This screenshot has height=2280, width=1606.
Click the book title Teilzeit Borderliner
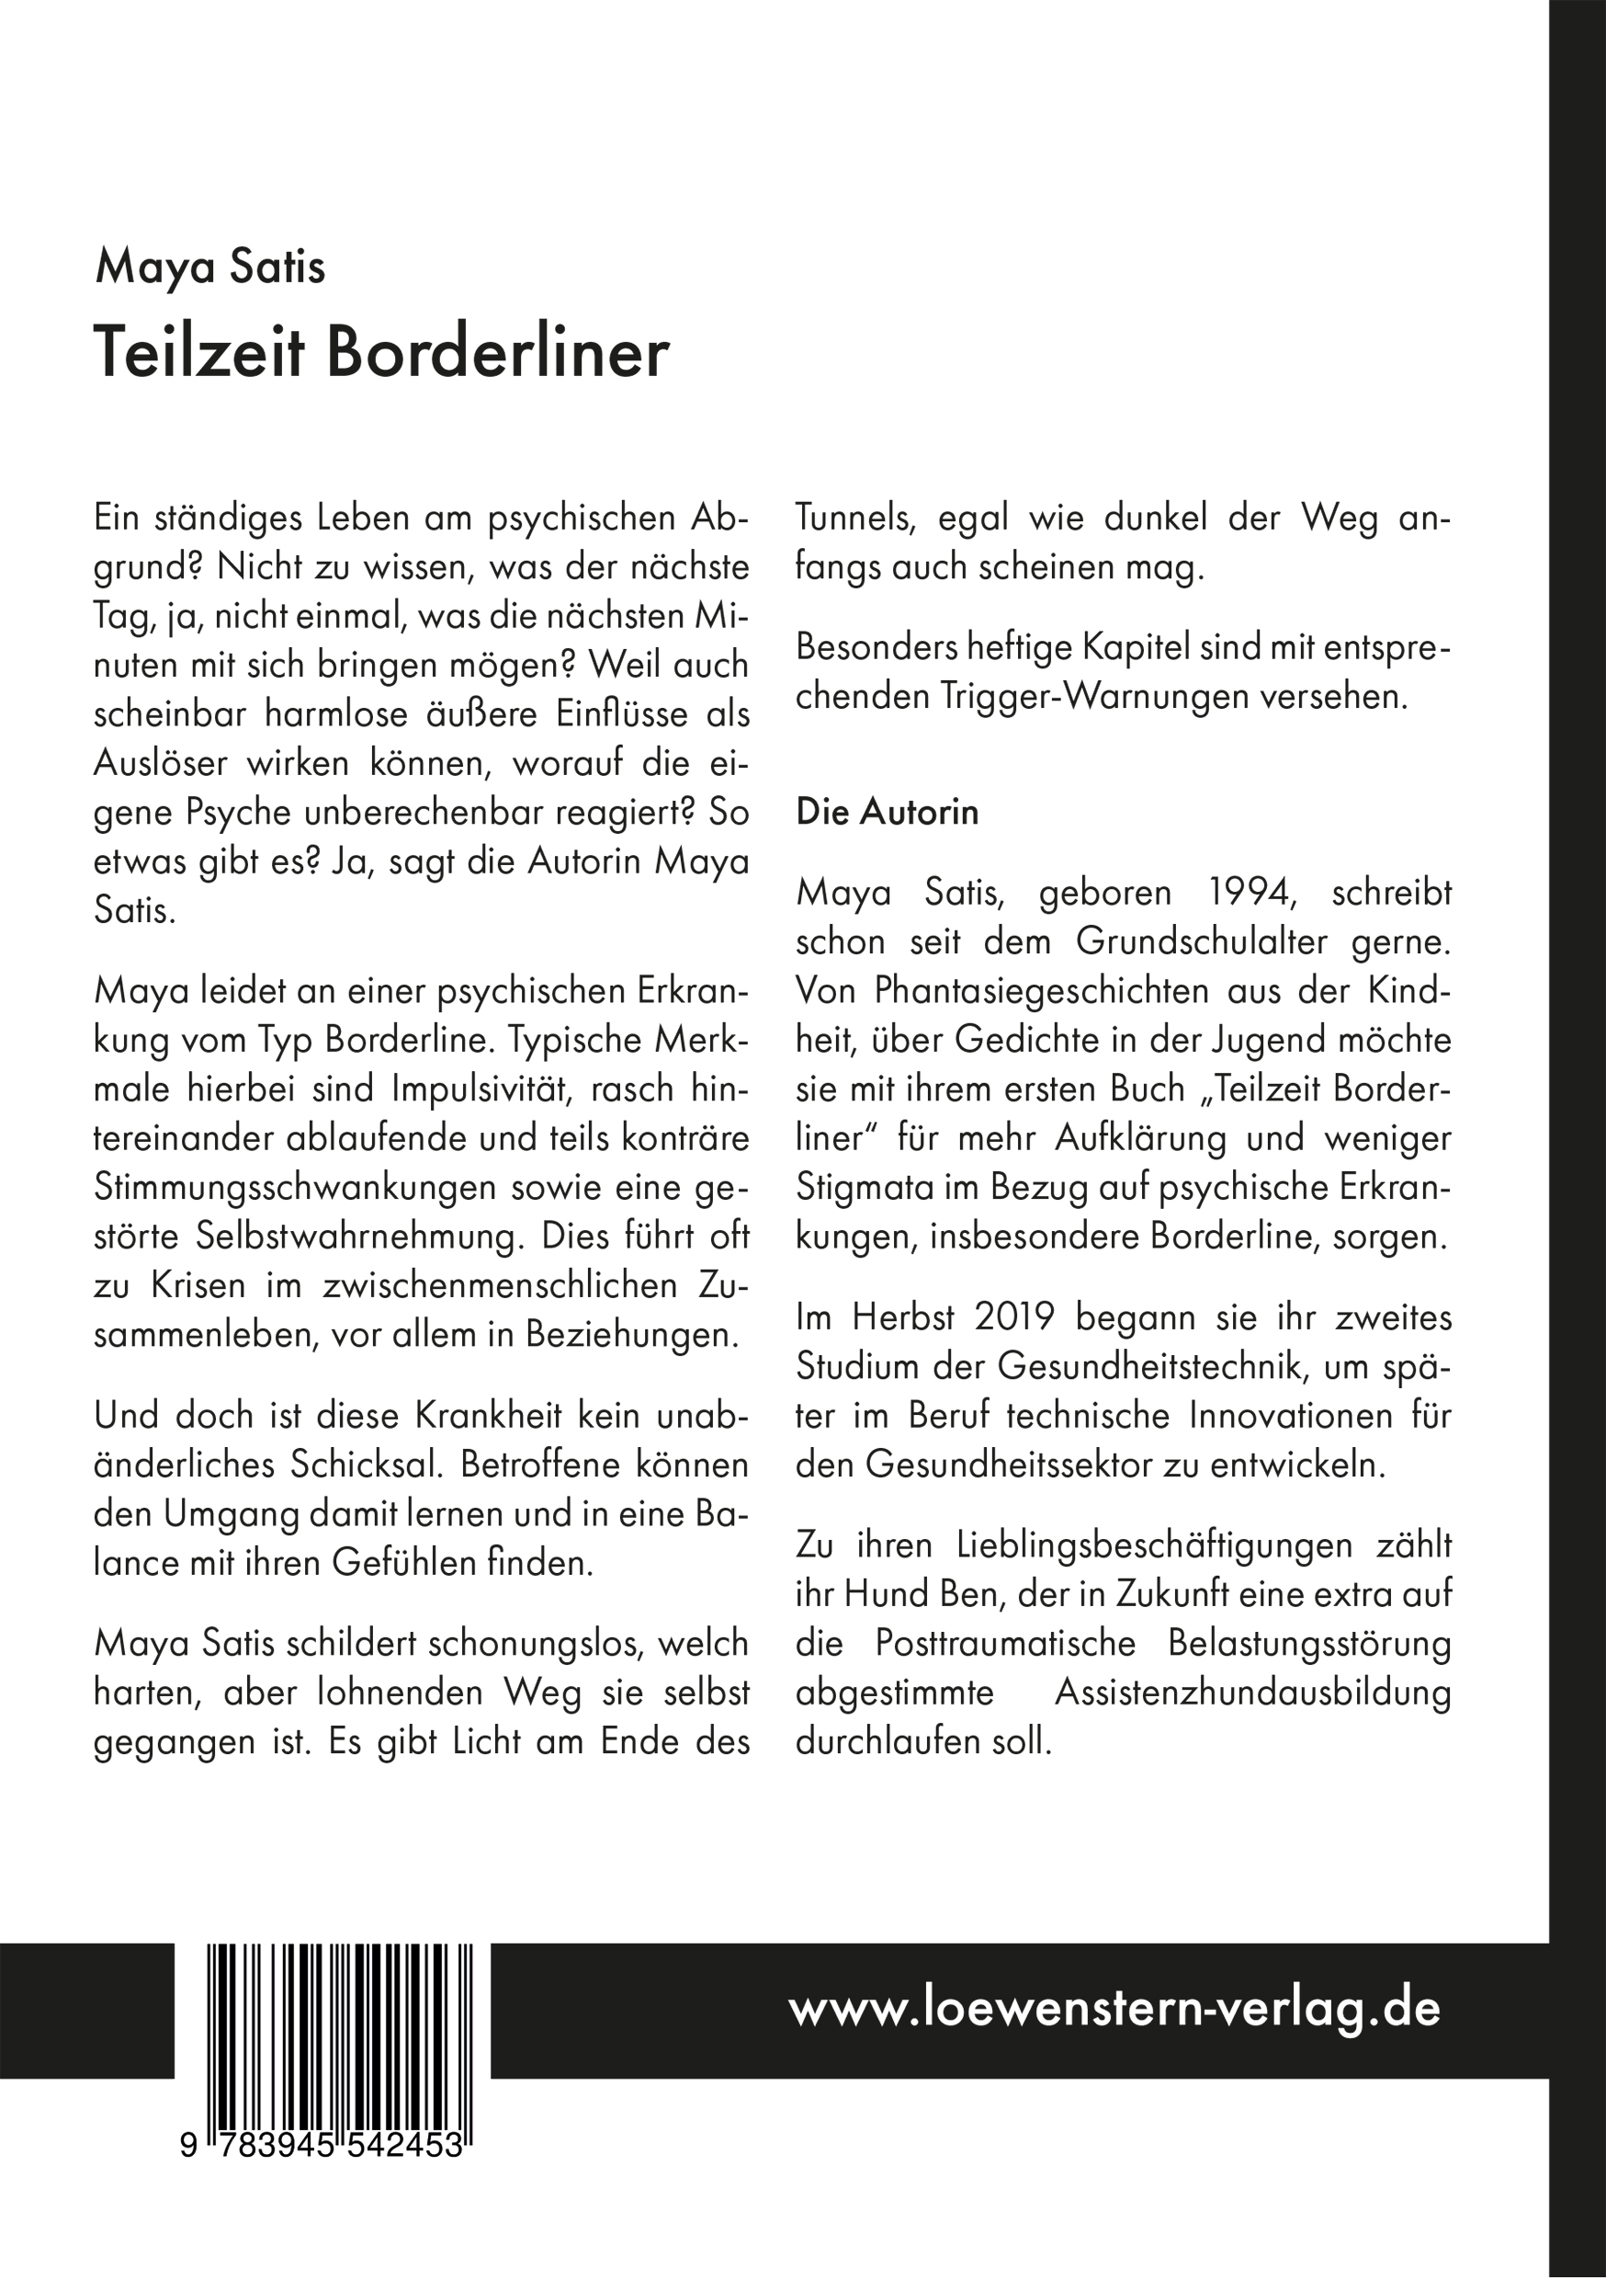[x=381, y=354]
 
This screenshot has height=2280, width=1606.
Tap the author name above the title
[x=209, y=269]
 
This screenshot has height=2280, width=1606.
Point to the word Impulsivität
[x=496, y=1089]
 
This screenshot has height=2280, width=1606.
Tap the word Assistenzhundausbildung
[x=1251, y=1693]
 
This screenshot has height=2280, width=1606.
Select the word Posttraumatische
[x=1004, y=1644]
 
